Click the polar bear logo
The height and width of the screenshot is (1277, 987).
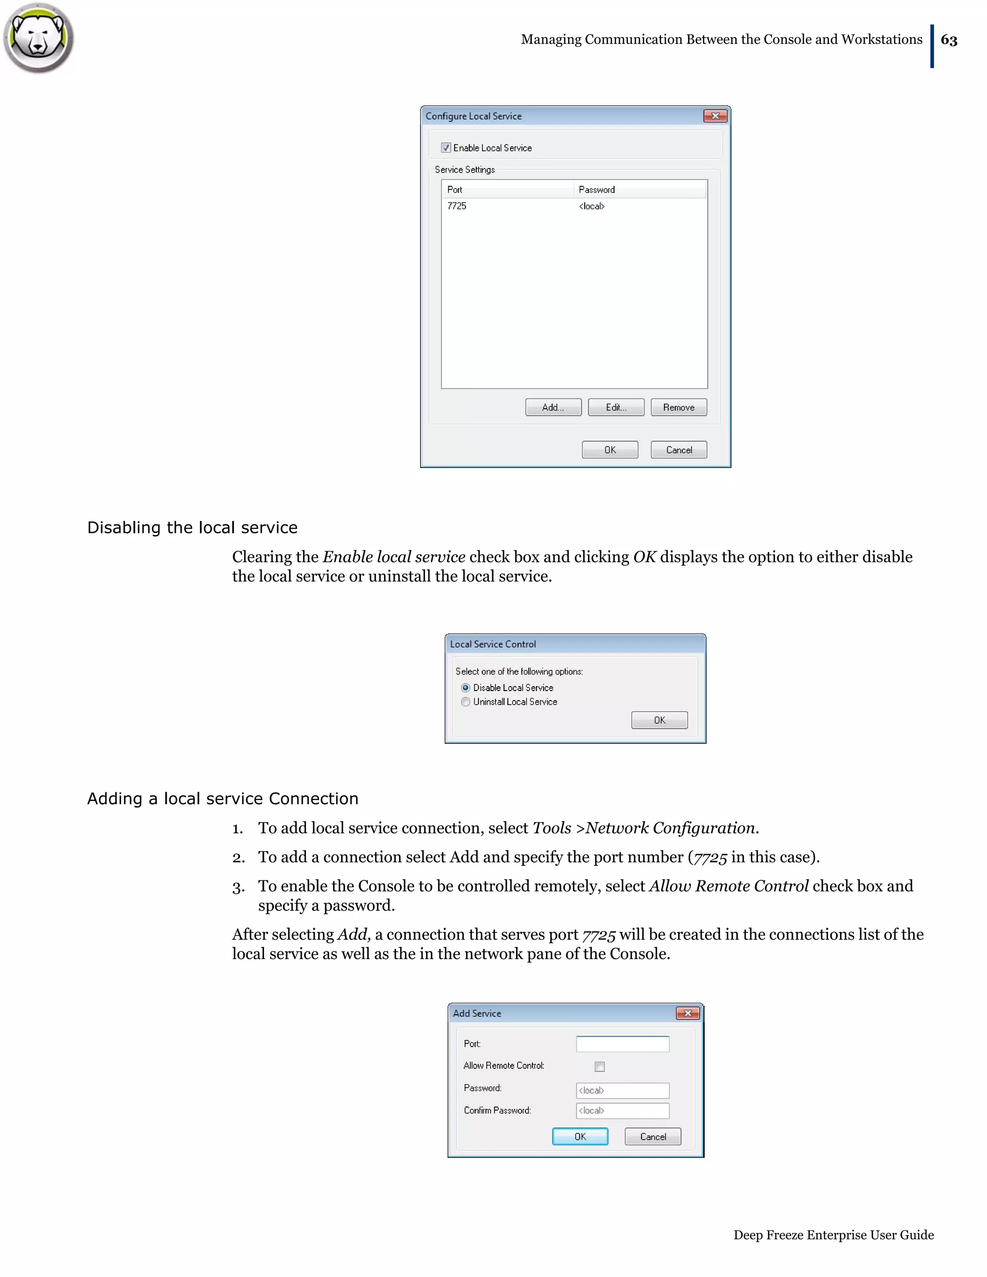(x=39, y=38)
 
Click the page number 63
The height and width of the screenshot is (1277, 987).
(x=948, y=40)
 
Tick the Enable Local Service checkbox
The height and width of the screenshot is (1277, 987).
(x=446, y=148)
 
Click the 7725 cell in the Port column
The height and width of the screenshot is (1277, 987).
(x=457, y=206)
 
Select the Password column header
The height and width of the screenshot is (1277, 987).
(x=597, y=189)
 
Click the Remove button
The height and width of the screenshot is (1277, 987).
(x=678, y=408)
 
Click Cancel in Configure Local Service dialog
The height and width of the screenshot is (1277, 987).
(x=678, y=450)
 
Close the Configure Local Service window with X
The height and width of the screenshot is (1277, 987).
(x=715, y=116)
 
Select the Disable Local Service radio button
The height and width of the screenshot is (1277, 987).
(x=466, y=688)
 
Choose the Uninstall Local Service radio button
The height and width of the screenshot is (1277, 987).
(x=466, y=702)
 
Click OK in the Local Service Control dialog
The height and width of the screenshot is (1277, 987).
(x=659, y=720)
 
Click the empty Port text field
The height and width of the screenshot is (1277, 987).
(x=622, y=1044)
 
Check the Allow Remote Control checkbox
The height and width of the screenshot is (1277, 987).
(x=600, y=1066)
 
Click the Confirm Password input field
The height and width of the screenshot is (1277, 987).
(x=622, y=1110)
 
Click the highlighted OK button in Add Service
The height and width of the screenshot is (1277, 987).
(x=579, y=1137)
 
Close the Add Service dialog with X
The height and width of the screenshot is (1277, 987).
(x=687, y=1013)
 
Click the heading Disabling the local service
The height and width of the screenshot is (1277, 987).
(x=192, y=527)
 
